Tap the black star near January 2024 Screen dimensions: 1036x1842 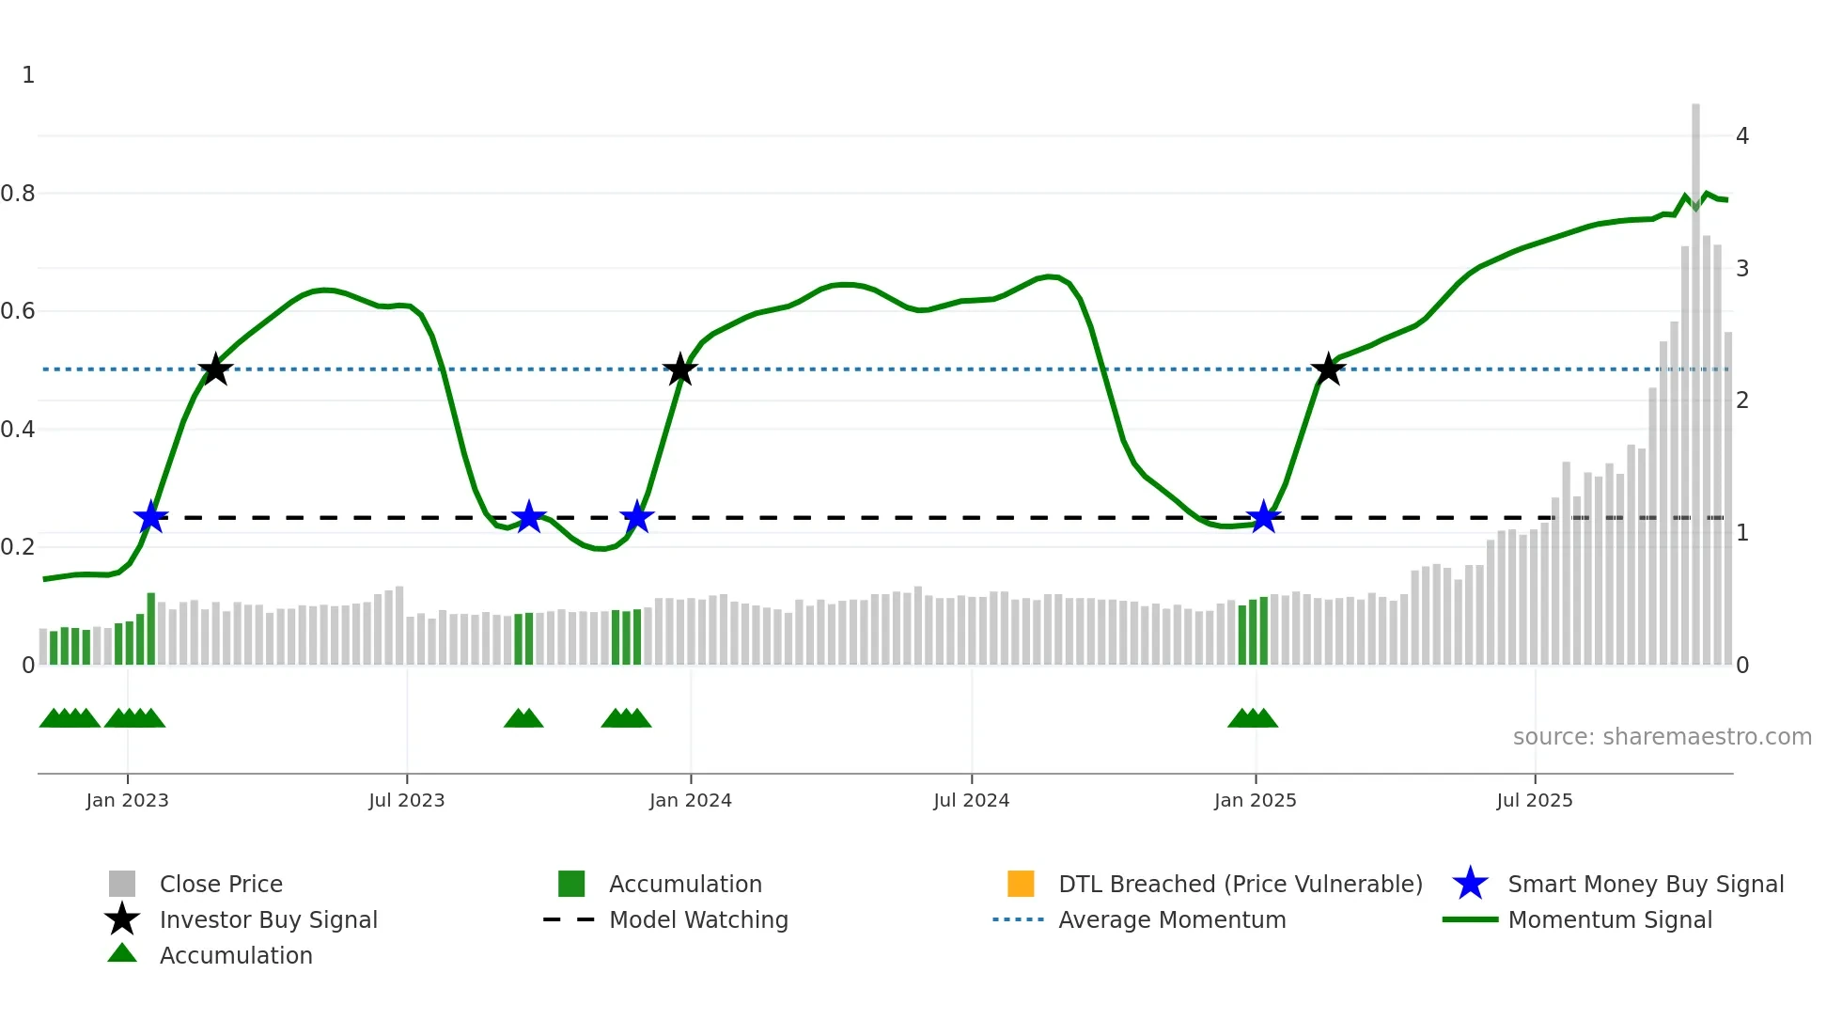click(679, 370)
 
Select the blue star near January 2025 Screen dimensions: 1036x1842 click(1263, 517)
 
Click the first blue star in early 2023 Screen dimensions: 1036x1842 click(150, 517)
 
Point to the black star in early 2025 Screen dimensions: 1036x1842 click(1328, 370)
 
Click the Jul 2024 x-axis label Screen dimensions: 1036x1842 click(971, 800)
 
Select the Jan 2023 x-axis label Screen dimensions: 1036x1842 click(127, 800)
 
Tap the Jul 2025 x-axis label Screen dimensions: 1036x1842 click(1534, 800)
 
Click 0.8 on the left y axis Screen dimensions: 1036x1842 click(18, 194)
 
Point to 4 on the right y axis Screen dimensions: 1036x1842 click(1741, 136)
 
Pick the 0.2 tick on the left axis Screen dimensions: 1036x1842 click(18, 547)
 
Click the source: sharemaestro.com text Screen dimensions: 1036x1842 click(1662, 736)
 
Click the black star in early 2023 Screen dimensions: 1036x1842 click(215, 369)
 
